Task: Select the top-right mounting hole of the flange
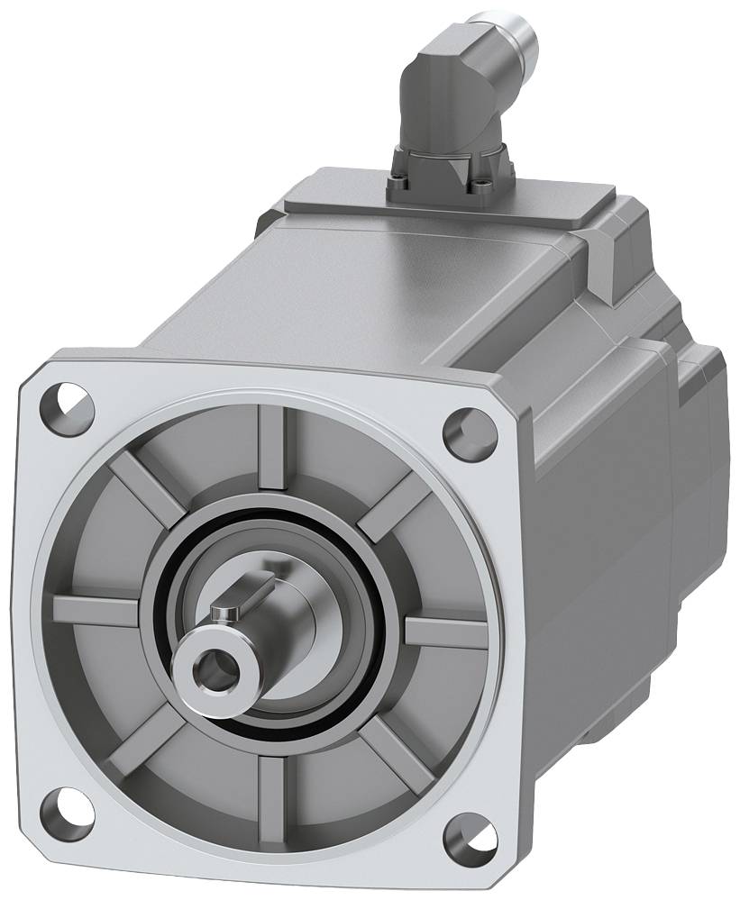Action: (x=470, y=432)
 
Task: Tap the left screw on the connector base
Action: (x=399, y=186)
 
